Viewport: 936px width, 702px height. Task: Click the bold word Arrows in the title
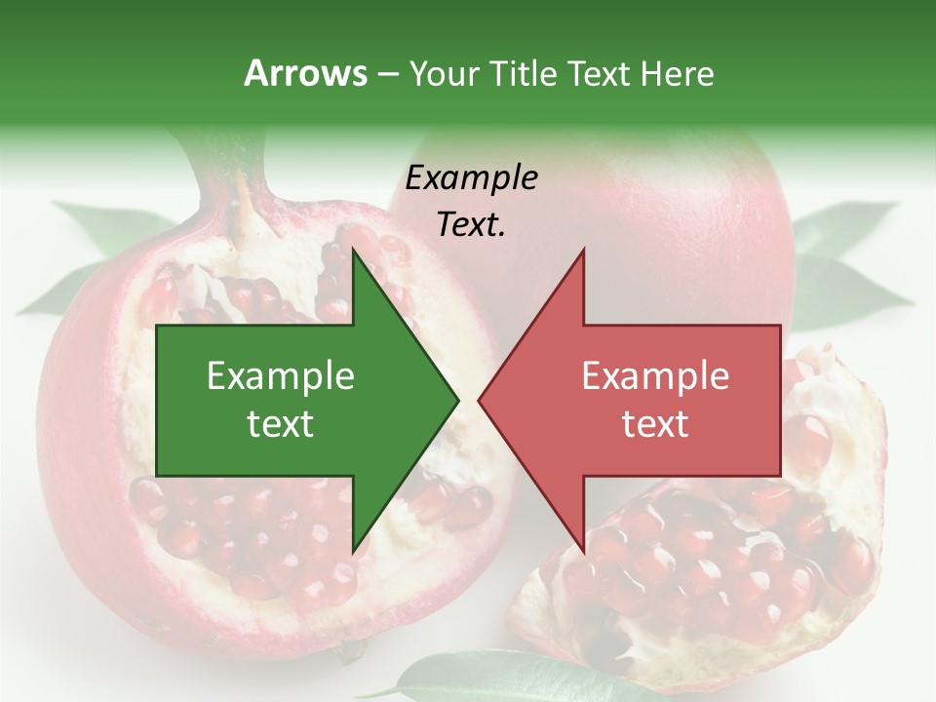pyautogui.click(x=305, y=73)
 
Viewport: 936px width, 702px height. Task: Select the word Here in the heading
pyautogui.click(x=677, y=73)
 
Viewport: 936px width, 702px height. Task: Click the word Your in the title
pyautogui.click(x=443, y=73)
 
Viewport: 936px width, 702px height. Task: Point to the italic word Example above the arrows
pyautogui.click(x=472, y=178)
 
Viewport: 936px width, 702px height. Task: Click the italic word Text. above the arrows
pyautogui.click(x=472, y=224)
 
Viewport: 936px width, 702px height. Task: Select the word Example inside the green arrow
pyautogui.click(x=281, y=375)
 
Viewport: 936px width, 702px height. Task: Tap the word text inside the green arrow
pyautogui.click(x=281, y=424)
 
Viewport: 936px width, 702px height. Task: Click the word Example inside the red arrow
pyautogui.click(x=655, y=375)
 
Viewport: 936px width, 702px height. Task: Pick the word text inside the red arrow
pyautogui.click(x=655, y=424)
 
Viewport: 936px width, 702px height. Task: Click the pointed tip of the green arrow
pyautogui.click(x=457, y=400)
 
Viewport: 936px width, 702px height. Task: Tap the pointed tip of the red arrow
pyautogui.click(x=480, y=400)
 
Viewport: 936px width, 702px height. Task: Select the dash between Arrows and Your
pyautogui.click(x=387, y=73)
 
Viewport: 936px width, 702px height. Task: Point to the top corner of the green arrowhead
pyautogui.click(x=353, y=249)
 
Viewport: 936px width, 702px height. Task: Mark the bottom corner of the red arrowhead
pyautogui.click(x=583, y=552)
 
